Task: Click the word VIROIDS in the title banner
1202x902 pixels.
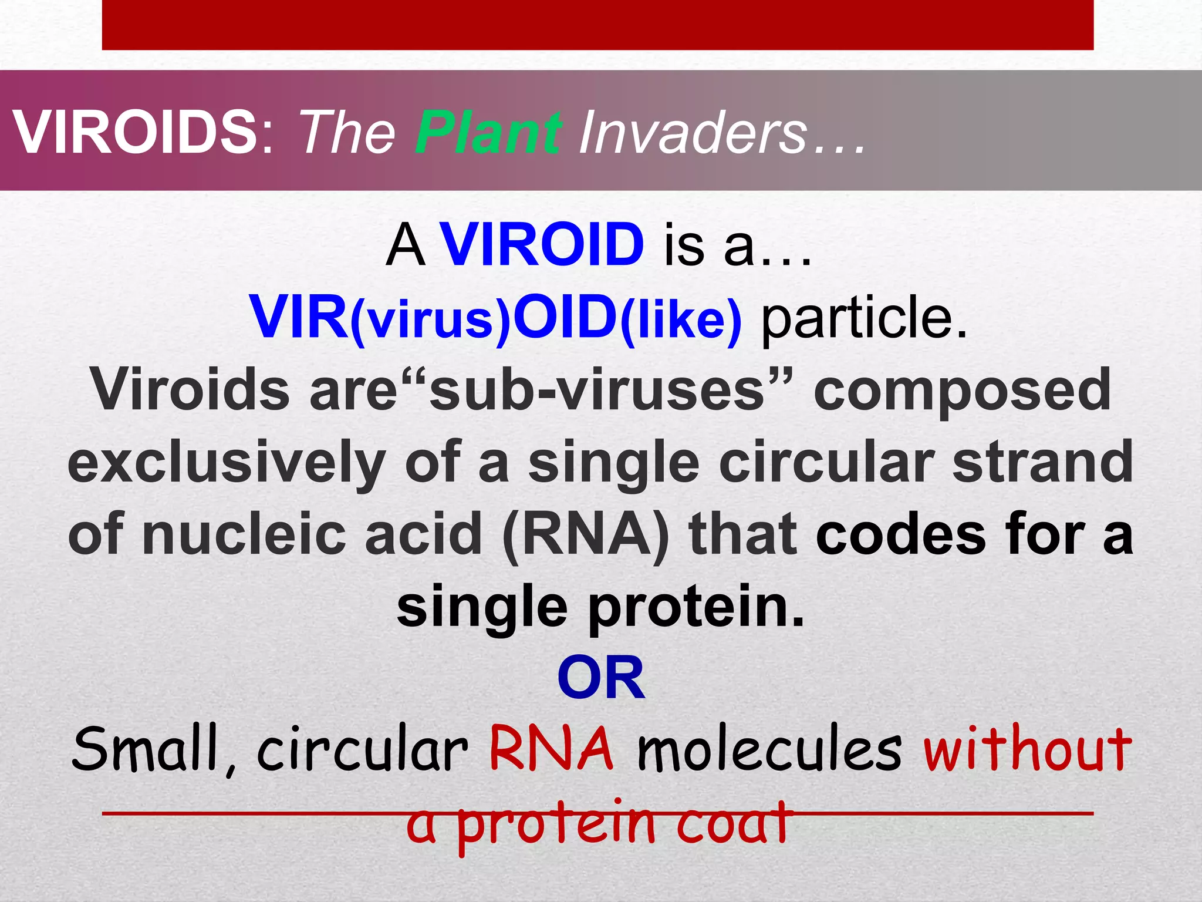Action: (135, 133)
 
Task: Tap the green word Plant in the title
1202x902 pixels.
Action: (488, 133)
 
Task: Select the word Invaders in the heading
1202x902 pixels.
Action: (693, 133)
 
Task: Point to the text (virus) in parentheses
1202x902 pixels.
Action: (430, 319)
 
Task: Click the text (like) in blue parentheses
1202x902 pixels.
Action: (681, 319)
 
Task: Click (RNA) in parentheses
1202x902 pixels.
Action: (586, 534)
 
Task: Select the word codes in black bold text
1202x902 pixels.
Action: (900, 534)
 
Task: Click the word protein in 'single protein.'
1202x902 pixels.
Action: (695, 608)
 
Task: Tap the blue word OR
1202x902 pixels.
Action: (601, 678)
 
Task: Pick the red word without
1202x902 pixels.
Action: (1027, 749)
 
